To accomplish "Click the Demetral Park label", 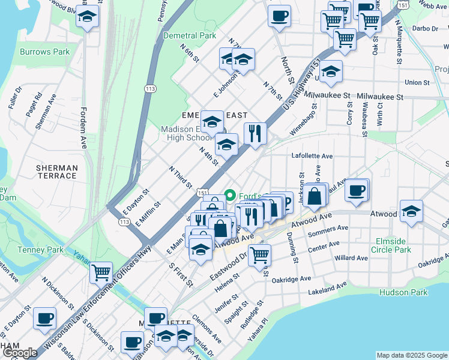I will (189, 35).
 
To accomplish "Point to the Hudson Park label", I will (403, 292).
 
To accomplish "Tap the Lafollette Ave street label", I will (312, 156).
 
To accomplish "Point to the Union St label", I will (417, 83).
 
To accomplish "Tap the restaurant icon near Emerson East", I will (255, 133).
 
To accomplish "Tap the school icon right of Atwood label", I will (411, 211).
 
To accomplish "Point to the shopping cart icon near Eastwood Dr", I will (259, 254).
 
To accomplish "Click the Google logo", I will (20, 353).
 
